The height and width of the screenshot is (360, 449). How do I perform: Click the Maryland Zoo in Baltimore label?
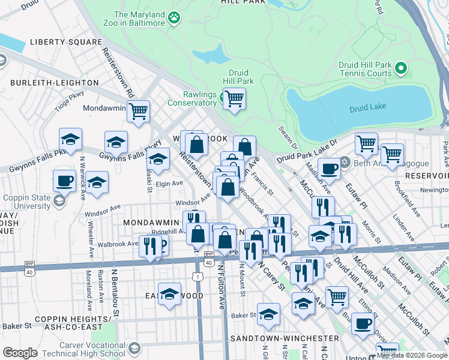139,19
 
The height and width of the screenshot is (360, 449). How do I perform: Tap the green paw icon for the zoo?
175,18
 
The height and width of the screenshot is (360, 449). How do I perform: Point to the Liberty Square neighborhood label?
66,42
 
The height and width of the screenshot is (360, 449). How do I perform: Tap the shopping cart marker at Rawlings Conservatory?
234,98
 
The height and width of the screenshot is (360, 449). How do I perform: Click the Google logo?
20,353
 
